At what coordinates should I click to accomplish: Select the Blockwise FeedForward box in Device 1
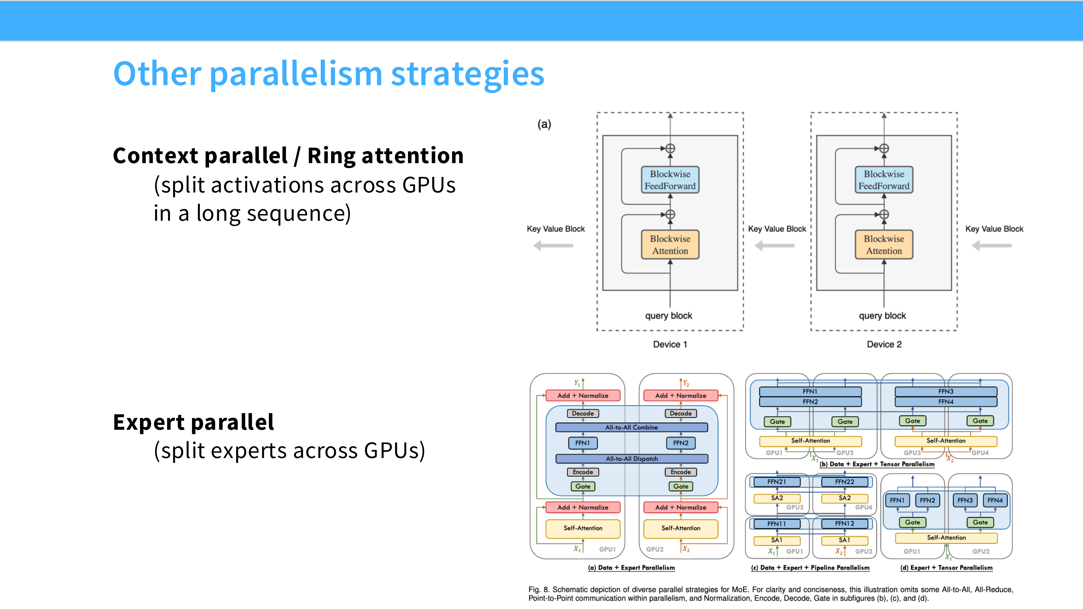click(670, 180)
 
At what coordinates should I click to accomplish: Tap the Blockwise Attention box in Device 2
click(884, 245)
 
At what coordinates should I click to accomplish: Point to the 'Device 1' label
click(670, 344)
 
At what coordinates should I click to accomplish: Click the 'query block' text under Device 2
click(882, 316)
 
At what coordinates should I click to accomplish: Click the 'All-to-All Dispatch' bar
click(632, 459)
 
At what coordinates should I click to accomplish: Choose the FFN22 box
click(845, 482)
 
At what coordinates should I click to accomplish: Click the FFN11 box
click(777, 524)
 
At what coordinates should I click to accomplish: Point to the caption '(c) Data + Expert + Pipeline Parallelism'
click(810, 568)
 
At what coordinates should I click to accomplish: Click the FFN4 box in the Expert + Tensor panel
click(995, 500)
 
